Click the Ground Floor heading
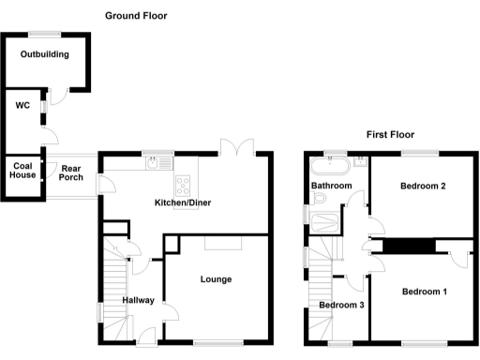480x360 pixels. pos(136,16)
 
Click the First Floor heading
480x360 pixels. pos(390,135)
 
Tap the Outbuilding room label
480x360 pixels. pos(45,54)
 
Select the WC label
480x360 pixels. pos(22,105)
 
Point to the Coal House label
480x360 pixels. pos(23,170)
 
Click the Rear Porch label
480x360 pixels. pos(71,175)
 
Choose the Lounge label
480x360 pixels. pos(215,279)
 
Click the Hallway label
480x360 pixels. pos(137,300)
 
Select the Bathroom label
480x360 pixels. pos(332,187)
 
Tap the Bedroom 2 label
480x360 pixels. pos(423,186)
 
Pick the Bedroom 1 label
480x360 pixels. pos(424,292)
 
